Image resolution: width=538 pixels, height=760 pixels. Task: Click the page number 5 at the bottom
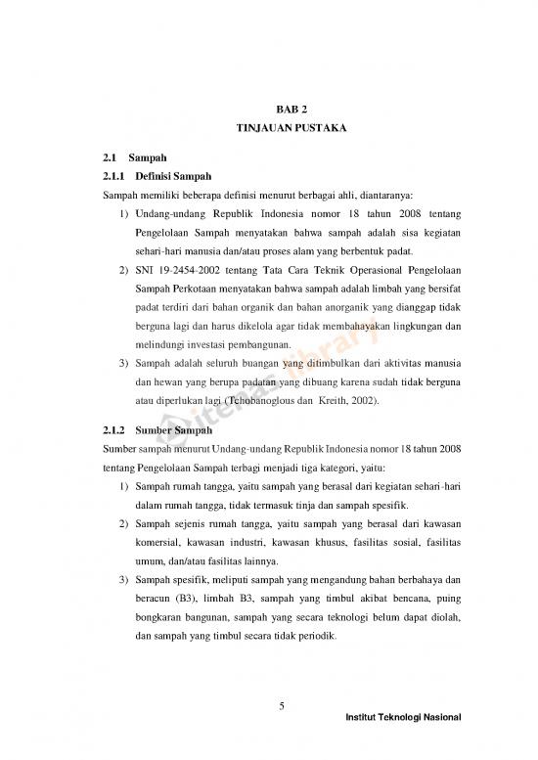click(x=281, y=708)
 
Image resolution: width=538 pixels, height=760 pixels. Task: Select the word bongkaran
click(x=160, y=615)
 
